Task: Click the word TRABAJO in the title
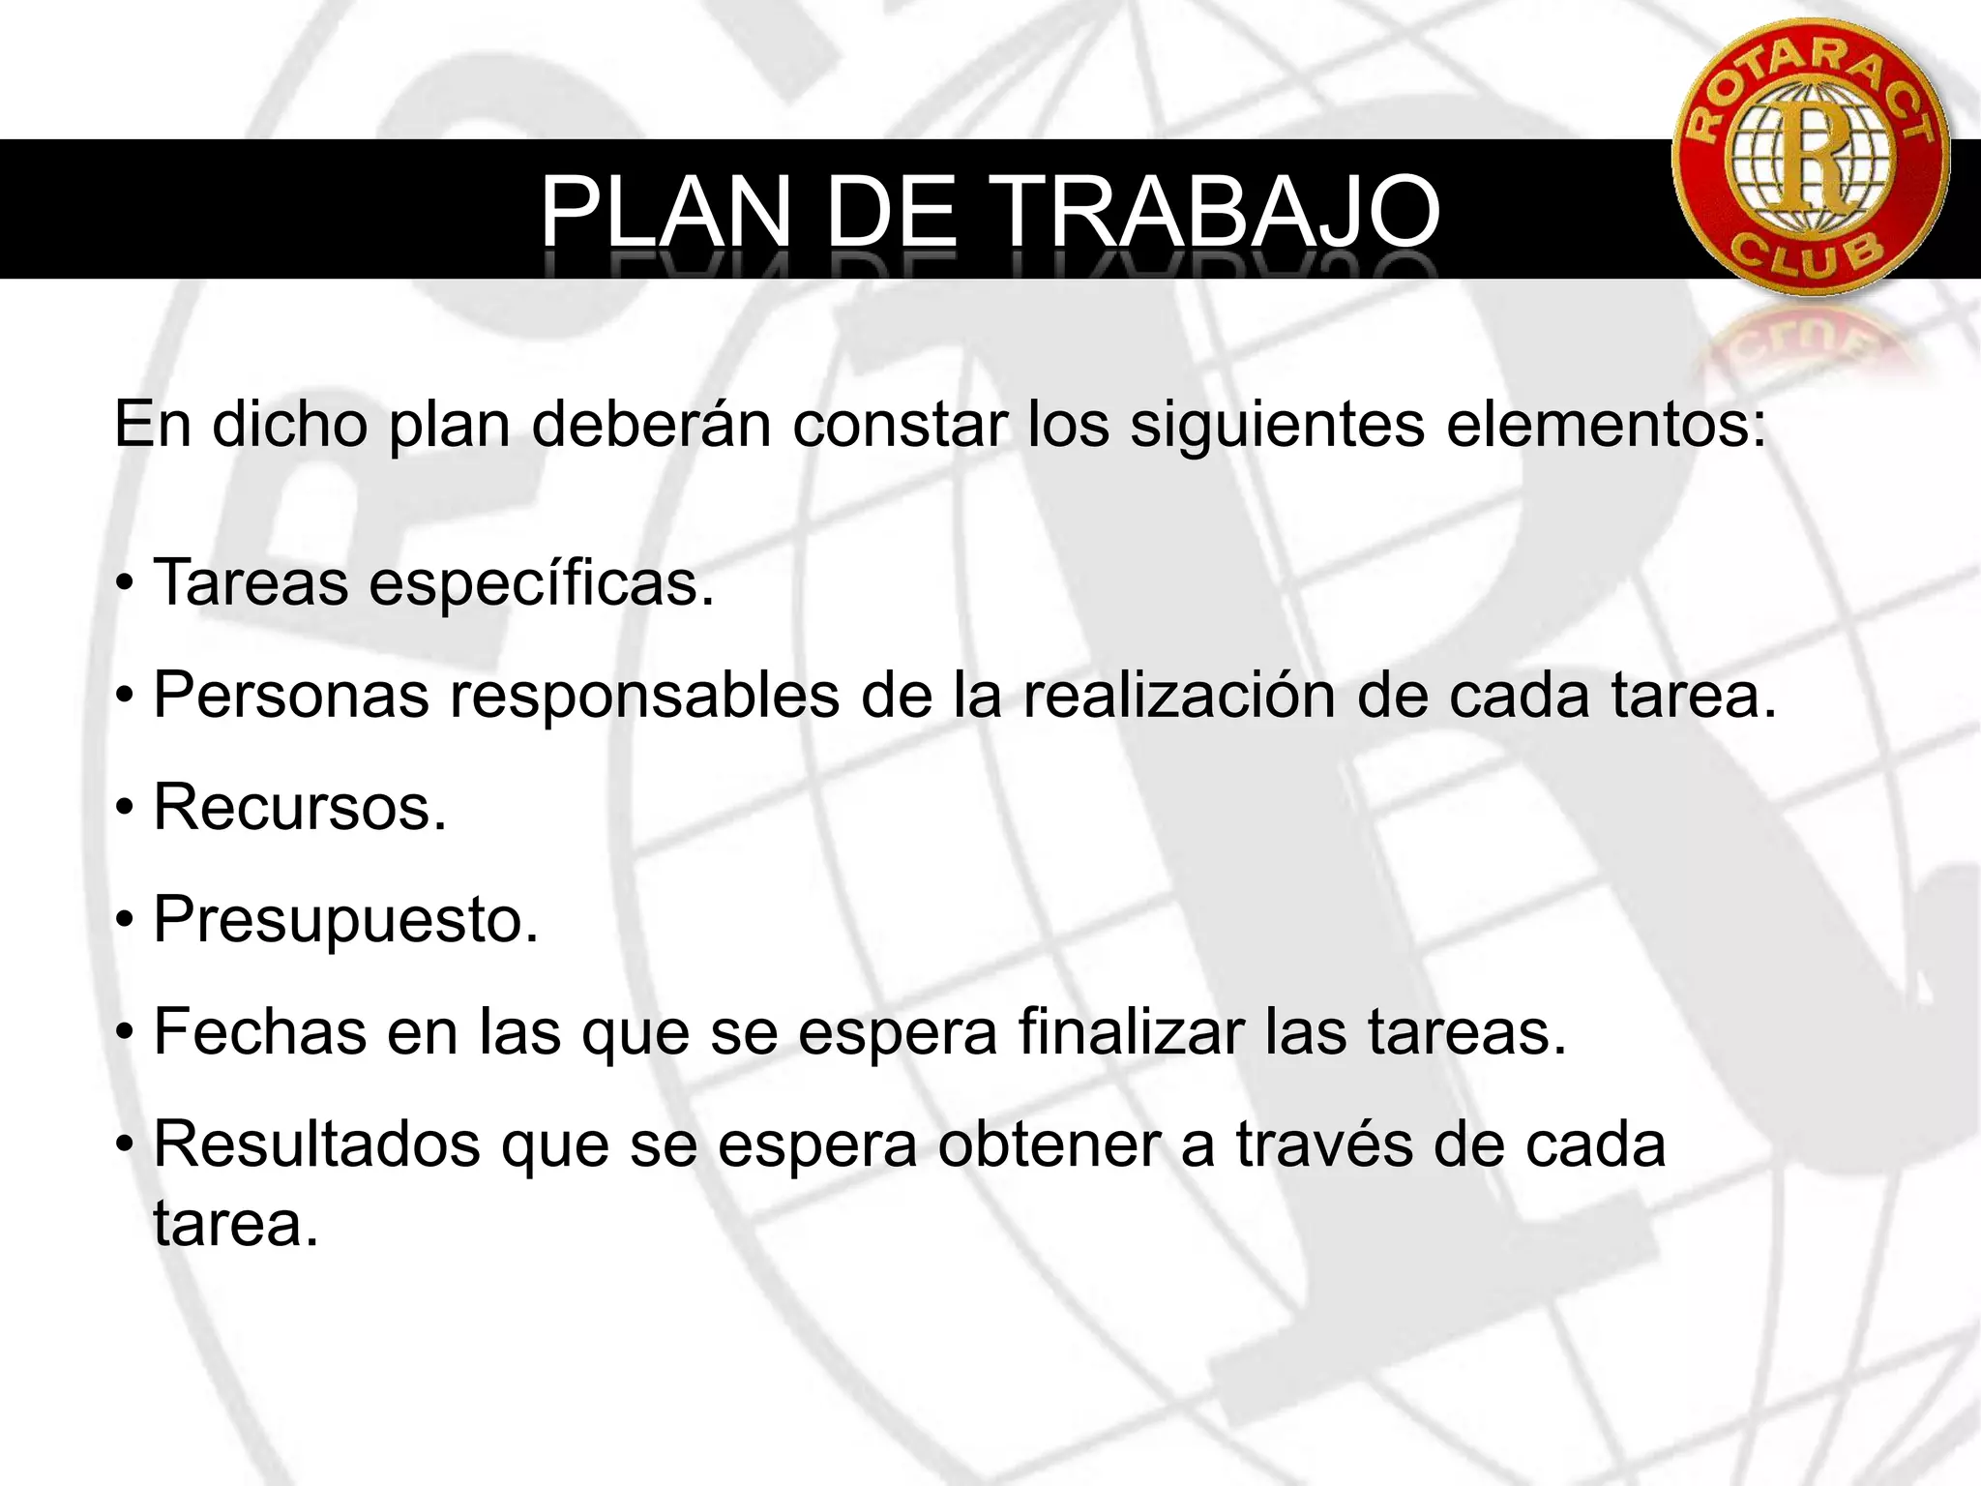(x=1217, y=211)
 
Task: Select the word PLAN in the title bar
(x=665, y=211)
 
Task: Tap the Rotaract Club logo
(x=1810, y=157)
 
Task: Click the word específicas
(x=542, y=583)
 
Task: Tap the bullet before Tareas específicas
(x=123, y=585)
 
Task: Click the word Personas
(x=290, y=695)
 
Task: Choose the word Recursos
(x=299, y=807)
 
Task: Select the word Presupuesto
(x=345, y=919)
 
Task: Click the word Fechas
(x=259, y=1031)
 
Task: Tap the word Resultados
(x=316, y=1144)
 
